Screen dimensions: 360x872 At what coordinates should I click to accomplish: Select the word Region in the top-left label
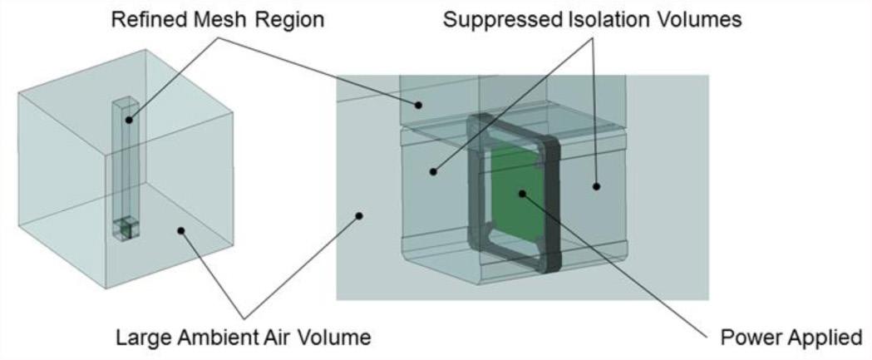click(282, 18)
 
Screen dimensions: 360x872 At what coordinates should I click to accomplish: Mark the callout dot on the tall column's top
click(130, 121)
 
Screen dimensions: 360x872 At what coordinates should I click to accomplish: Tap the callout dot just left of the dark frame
click(433, 171)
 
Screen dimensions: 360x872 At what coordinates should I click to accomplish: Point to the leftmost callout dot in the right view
click(360, 215)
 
